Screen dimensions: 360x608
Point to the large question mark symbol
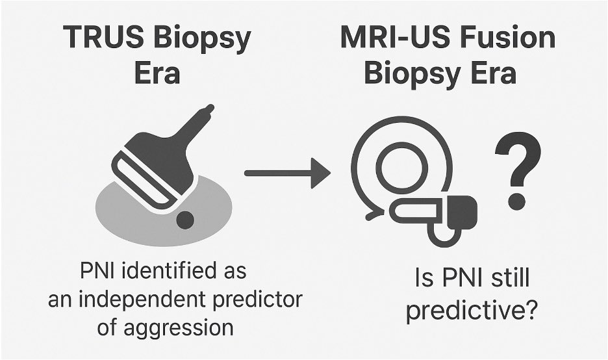click(518, 169)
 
